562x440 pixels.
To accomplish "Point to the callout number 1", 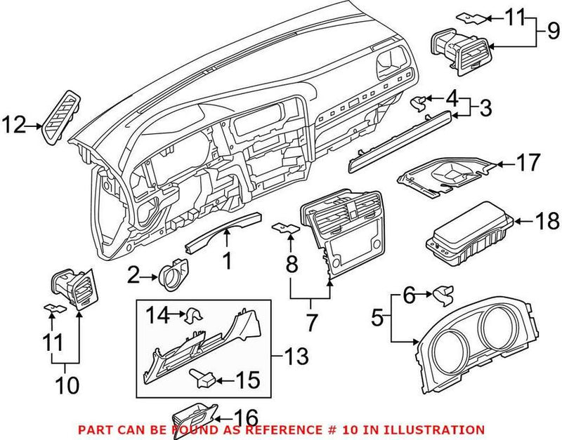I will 227,261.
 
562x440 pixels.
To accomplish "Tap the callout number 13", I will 296,357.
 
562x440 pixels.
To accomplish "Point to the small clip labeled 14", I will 192,317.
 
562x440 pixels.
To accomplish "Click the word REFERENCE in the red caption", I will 287,429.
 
